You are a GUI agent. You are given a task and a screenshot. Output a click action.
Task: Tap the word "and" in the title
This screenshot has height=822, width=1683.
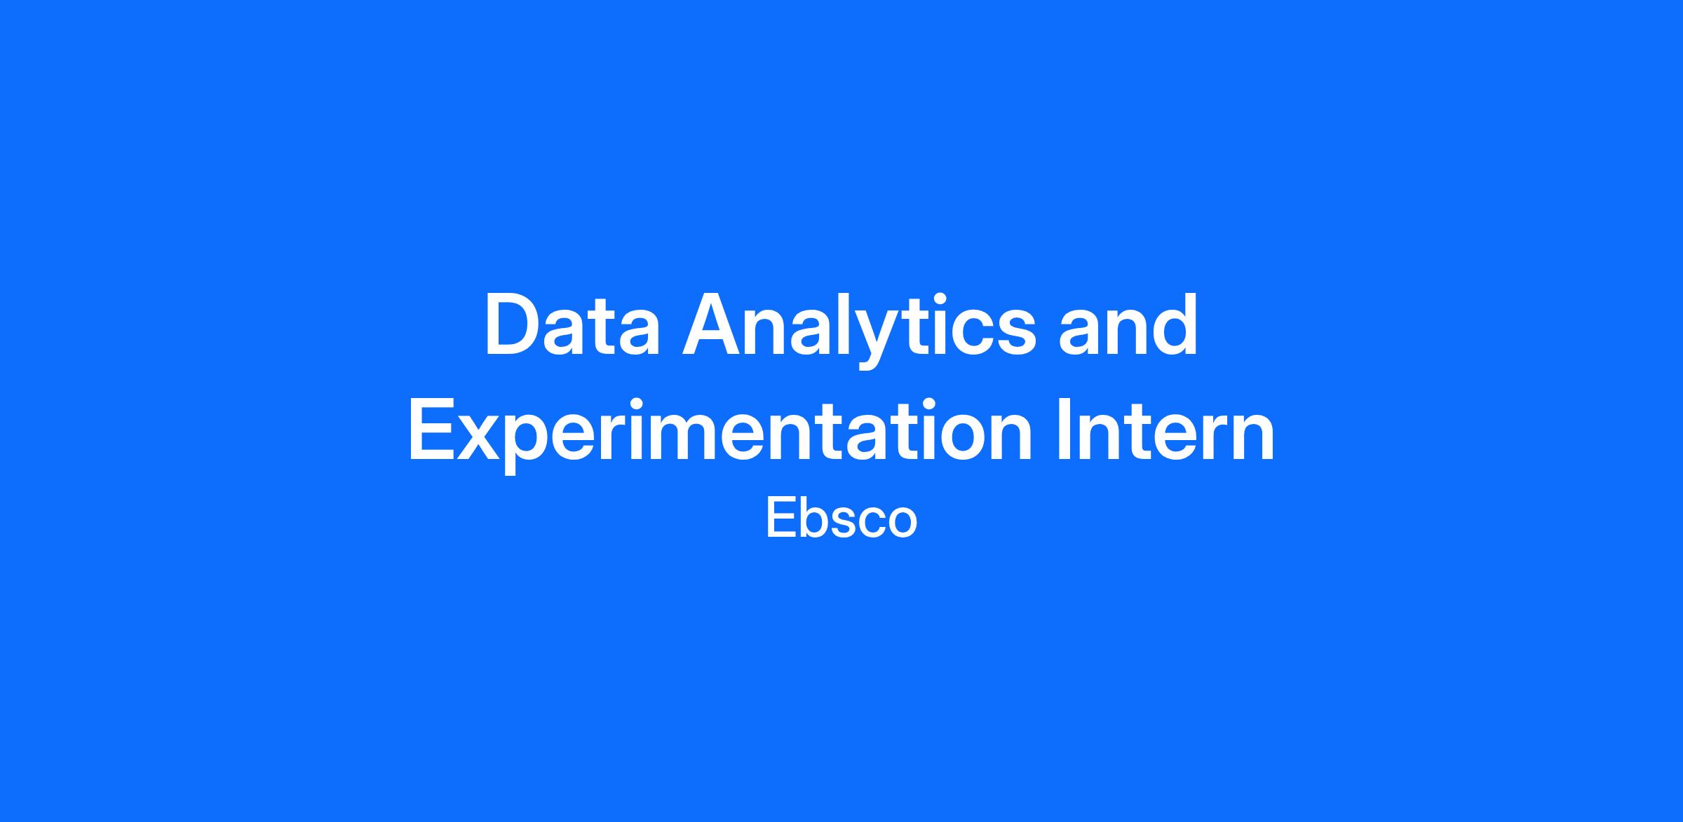point(1128,325)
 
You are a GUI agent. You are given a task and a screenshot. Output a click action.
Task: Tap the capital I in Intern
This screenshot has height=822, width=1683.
point(1063,430)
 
